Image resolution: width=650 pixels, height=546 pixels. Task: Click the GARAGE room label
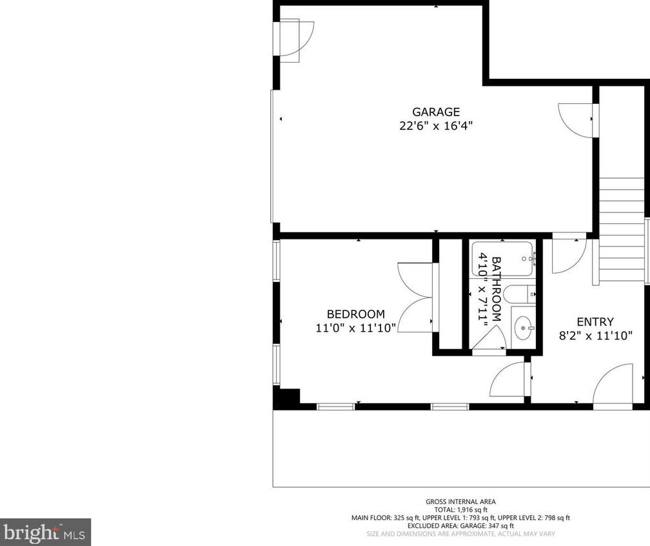(436, 112)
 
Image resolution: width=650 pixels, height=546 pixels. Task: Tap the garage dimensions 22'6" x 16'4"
(436, 126)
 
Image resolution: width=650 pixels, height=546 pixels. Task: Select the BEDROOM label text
(356, 314)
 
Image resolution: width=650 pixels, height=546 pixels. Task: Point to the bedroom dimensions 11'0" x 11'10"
(356, 329)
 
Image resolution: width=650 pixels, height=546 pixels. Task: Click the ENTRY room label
(595, 322)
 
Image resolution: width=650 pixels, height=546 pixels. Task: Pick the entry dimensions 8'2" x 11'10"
(595, 336)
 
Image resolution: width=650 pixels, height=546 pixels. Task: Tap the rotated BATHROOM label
(496, 289)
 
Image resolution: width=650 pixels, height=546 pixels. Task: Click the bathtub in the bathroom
(502, 259)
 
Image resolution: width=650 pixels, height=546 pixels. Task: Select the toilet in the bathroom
(519, 294)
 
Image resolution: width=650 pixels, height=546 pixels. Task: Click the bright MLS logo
(45, 532)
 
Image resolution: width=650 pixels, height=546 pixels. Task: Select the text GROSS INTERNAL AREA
(460, 501)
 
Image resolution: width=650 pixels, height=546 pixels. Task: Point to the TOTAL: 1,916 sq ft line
(460, 510)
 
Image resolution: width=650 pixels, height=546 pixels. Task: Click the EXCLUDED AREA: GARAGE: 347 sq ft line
(460, 525)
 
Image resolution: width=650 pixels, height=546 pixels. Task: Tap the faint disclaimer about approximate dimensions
(460, 534)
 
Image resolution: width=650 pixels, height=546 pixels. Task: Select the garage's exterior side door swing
(297, 40)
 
